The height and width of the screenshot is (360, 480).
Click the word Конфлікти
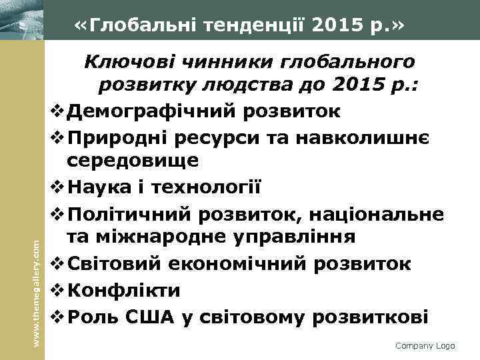click(x=124, y=290)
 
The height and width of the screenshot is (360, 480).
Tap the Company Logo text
click(x=425, y=345)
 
